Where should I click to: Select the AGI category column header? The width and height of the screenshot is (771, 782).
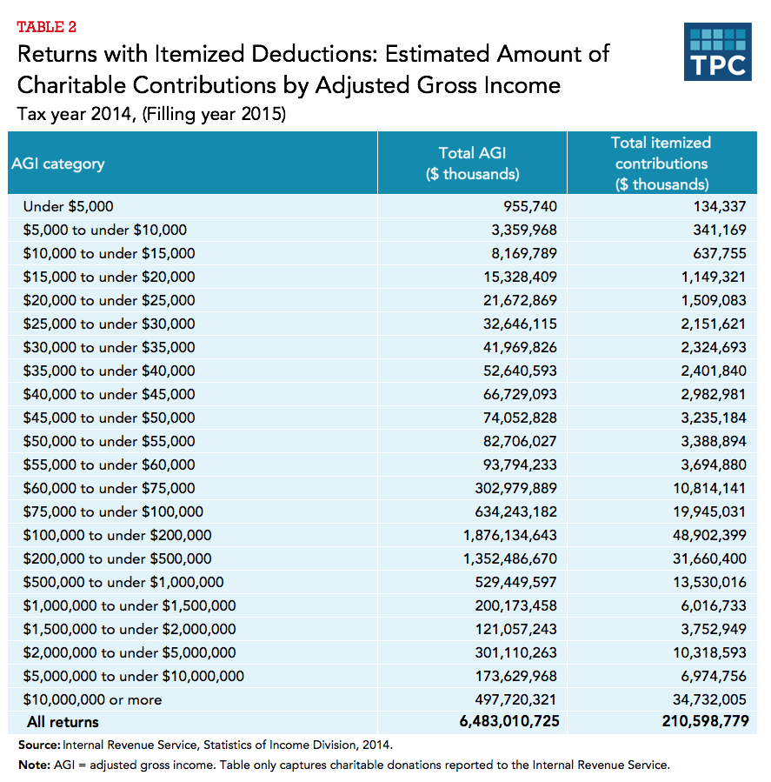pyautogui.click(x=57, y=164)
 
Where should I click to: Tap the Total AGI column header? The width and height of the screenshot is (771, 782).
pyautogui.click(x=472, y=164)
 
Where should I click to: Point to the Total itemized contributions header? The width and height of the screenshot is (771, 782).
pyautogui.click(x=661, y=164)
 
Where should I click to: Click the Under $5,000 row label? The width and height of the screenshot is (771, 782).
pyautogui.click(x=69, y=207)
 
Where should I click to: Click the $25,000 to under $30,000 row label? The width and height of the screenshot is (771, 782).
pyautogui.click(x=110, y=324)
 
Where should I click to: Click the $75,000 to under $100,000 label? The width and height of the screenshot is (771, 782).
pyautogui.click(x=113, y=511)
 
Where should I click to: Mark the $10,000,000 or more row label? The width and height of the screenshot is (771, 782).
pyautogui.click(x=93, y=699)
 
